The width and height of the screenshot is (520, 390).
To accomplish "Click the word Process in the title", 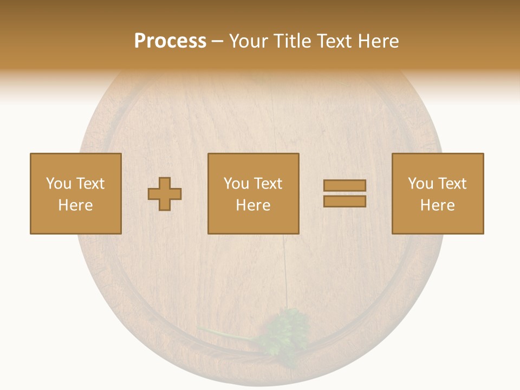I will (170, 41).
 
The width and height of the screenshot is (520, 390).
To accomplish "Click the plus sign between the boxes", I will (165, 194).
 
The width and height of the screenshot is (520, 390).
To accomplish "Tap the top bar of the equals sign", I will (344, 186).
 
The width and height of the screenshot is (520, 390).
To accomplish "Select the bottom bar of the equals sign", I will (344, 201).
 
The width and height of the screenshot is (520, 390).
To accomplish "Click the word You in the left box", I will (58, 184).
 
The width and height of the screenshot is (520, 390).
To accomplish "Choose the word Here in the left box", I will (75, 205).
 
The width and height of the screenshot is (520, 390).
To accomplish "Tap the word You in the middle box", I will (236, 184).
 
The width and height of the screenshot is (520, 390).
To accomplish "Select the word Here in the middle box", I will (253, 205).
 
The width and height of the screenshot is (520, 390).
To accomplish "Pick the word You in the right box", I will (420, 184).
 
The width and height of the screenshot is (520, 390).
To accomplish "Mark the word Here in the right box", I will (437, 205).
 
